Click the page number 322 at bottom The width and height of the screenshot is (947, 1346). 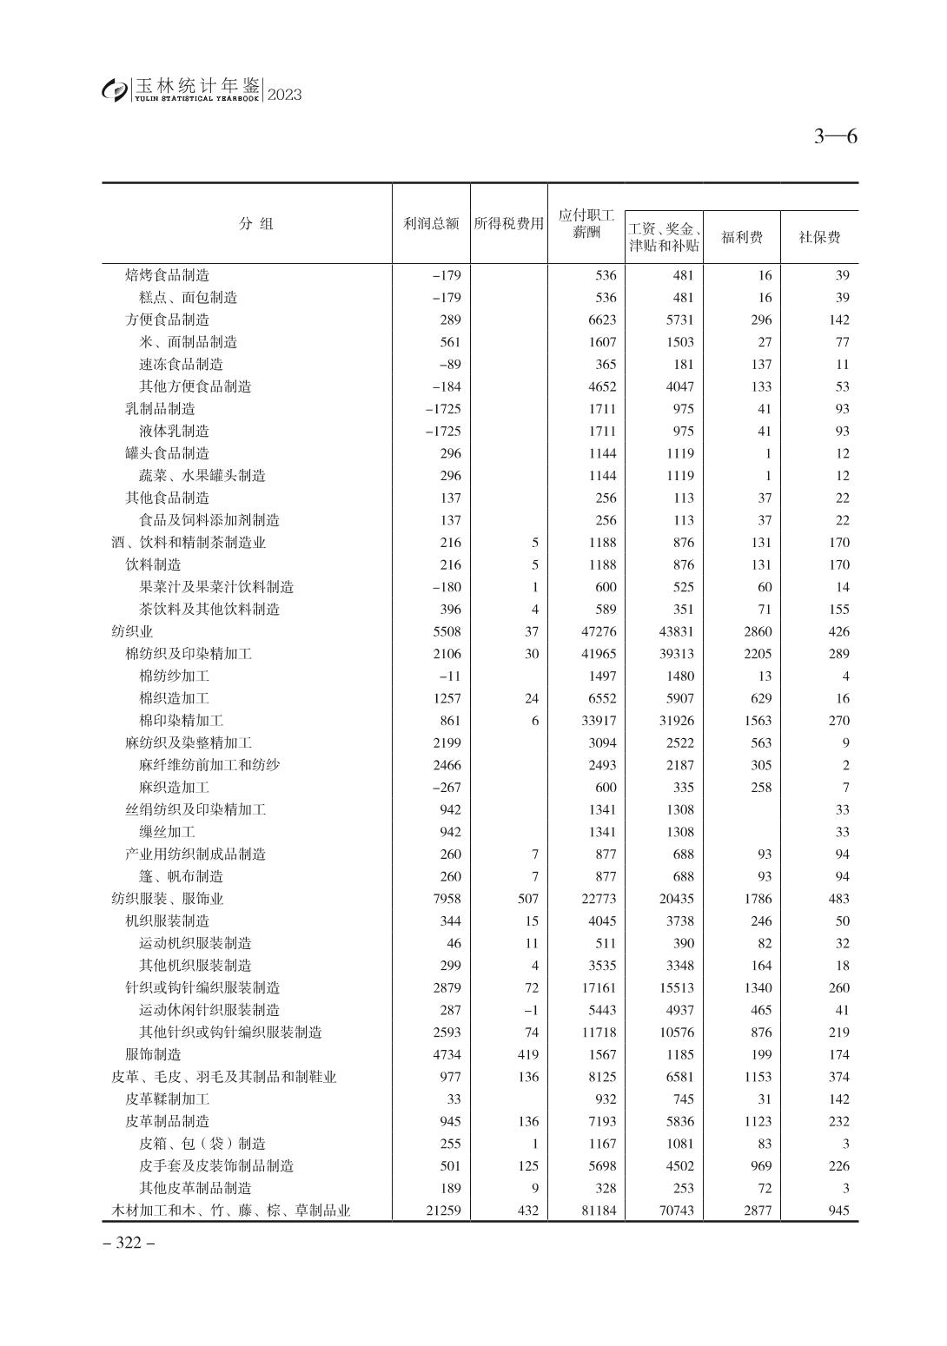click(x=129, y=1243)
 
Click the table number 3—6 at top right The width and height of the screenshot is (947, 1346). click(x=835, y=136)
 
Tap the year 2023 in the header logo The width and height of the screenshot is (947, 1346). click(x=284, y=95)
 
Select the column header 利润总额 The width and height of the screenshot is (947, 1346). click(x=431, y=224)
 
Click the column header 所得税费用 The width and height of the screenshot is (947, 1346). click(x=508, y=224)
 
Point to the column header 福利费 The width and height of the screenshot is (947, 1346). click(x=741, y=237)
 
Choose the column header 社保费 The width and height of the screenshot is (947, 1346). click(x=819, y=237)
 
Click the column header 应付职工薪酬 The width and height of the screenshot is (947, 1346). click(x=586, y=224)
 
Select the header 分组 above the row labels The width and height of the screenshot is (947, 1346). click(x=256, y=224)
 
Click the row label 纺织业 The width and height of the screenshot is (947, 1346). click(x=132, y=631)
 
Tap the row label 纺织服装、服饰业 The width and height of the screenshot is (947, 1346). click(x=167, y=899)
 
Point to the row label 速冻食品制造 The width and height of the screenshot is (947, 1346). click(x=181, y=364)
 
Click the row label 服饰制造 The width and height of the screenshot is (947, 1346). click(x=153, y=1054)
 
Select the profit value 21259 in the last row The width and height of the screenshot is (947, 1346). click(x=443, y=1211)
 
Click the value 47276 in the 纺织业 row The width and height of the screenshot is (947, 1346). click(x=598, y=631)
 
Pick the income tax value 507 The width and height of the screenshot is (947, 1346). click(x=527, y=899)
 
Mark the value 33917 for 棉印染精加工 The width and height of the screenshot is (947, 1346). click(x=598, y=721)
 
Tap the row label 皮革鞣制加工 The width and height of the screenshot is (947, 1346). click(x=167, y=1099)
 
